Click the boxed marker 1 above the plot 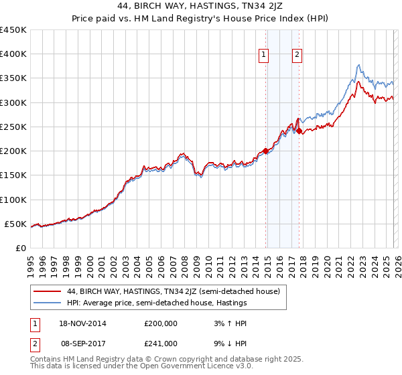[264, 56]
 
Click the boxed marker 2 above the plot [297, 56]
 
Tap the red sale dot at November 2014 [266, 151]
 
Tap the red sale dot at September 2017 [299, 131]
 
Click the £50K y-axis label [16, 224]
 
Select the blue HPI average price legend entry [157, 303]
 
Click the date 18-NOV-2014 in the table [82, 323]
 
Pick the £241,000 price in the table [161, 343]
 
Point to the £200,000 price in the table [161, 323]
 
